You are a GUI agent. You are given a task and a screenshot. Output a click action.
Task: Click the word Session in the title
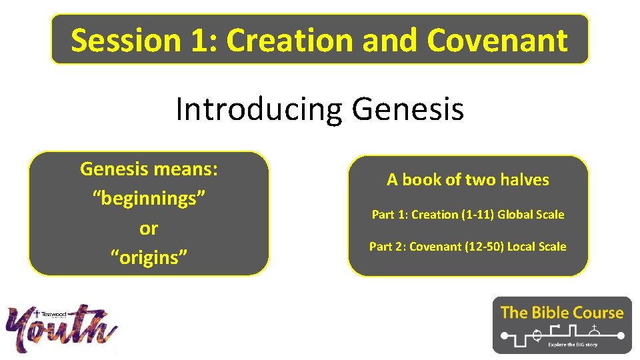126,40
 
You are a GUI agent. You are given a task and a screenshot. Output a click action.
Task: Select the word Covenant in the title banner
497,40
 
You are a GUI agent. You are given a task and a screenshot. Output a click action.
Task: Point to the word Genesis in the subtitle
408,108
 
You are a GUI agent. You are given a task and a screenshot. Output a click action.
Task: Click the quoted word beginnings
149,199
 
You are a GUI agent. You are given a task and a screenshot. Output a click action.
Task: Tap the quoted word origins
149,257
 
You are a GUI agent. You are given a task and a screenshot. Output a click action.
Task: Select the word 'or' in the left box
149,228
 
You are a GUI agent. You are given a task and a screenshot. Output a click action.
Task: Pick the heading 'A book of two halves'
468,179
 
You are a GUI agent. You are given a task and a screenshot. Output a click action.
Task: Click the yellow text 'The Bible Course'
562,312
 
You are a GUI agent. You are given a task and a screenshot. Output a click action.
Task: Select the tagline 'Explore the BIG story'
574,345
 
